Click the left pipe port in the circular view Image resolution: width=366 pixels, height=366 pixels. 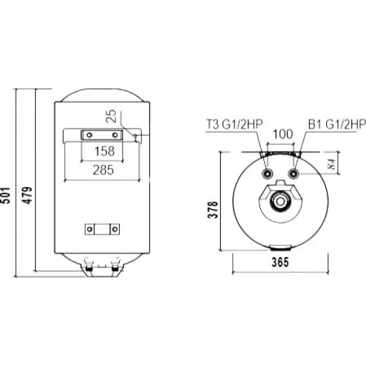[268, 174]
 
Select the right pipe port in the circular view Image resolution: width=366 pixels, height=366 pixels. [293, 174]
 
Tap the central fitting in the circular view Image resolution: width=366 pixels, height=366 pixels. [281, 201]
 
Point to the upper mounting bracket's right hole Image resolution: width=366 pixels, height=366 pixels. [115, 136]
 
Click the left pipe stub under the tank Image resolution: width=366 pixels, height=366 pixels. [88, 267]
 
